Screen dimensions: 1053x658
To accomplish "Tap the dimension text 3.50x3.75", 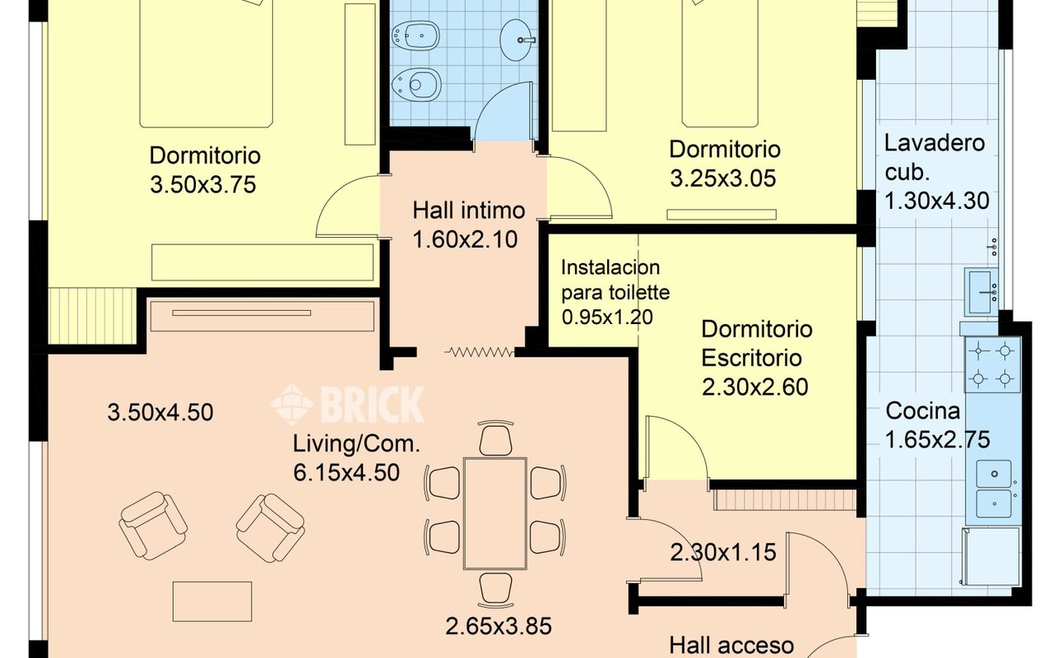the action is (x=203, y=184).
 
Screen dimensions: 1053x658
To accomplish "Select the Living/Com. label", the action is (x=356, y=443).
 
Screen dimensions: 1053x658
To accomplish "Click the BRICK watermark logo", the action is (x=348, y=405).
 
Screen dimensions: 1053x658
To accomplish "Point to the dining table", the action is (x=495, y=513).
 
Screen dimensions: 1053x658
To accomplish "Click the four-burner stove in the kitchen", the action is (x=993, y=364).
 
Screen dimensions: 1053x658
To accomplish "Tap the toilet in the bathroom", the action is (x=415, y=85).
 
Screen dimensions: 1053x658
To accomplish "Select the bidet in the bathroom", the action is (x=415, y=35).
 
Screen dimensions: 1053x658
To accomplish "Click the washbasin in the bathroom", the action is (x=517, y=40).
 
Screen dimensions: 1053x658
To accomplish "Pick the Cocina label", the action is (x=922, y=410).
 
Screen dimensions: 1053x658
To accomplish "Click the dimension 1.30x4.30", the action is (x=937, y=201).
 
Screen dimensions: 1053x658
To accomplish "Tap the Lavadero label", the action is (x=935, y=143).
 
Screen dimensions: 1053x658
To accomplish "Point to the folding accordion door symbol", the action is (x=480, y=351).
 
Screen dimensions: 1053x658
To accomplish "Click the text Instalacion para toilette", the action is (x=615, y=280).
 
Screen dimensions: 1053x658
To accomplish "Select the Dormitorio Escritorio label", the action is (x=757, y=344).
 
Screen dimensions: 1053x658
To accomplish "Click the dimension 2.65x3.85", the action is (x=499, y=626).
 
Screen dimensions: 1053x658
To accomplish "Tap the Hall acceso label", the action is (x=731, y=646).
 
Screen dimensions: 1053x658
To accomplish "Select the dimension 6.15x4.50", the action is (x=346, y=472).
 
